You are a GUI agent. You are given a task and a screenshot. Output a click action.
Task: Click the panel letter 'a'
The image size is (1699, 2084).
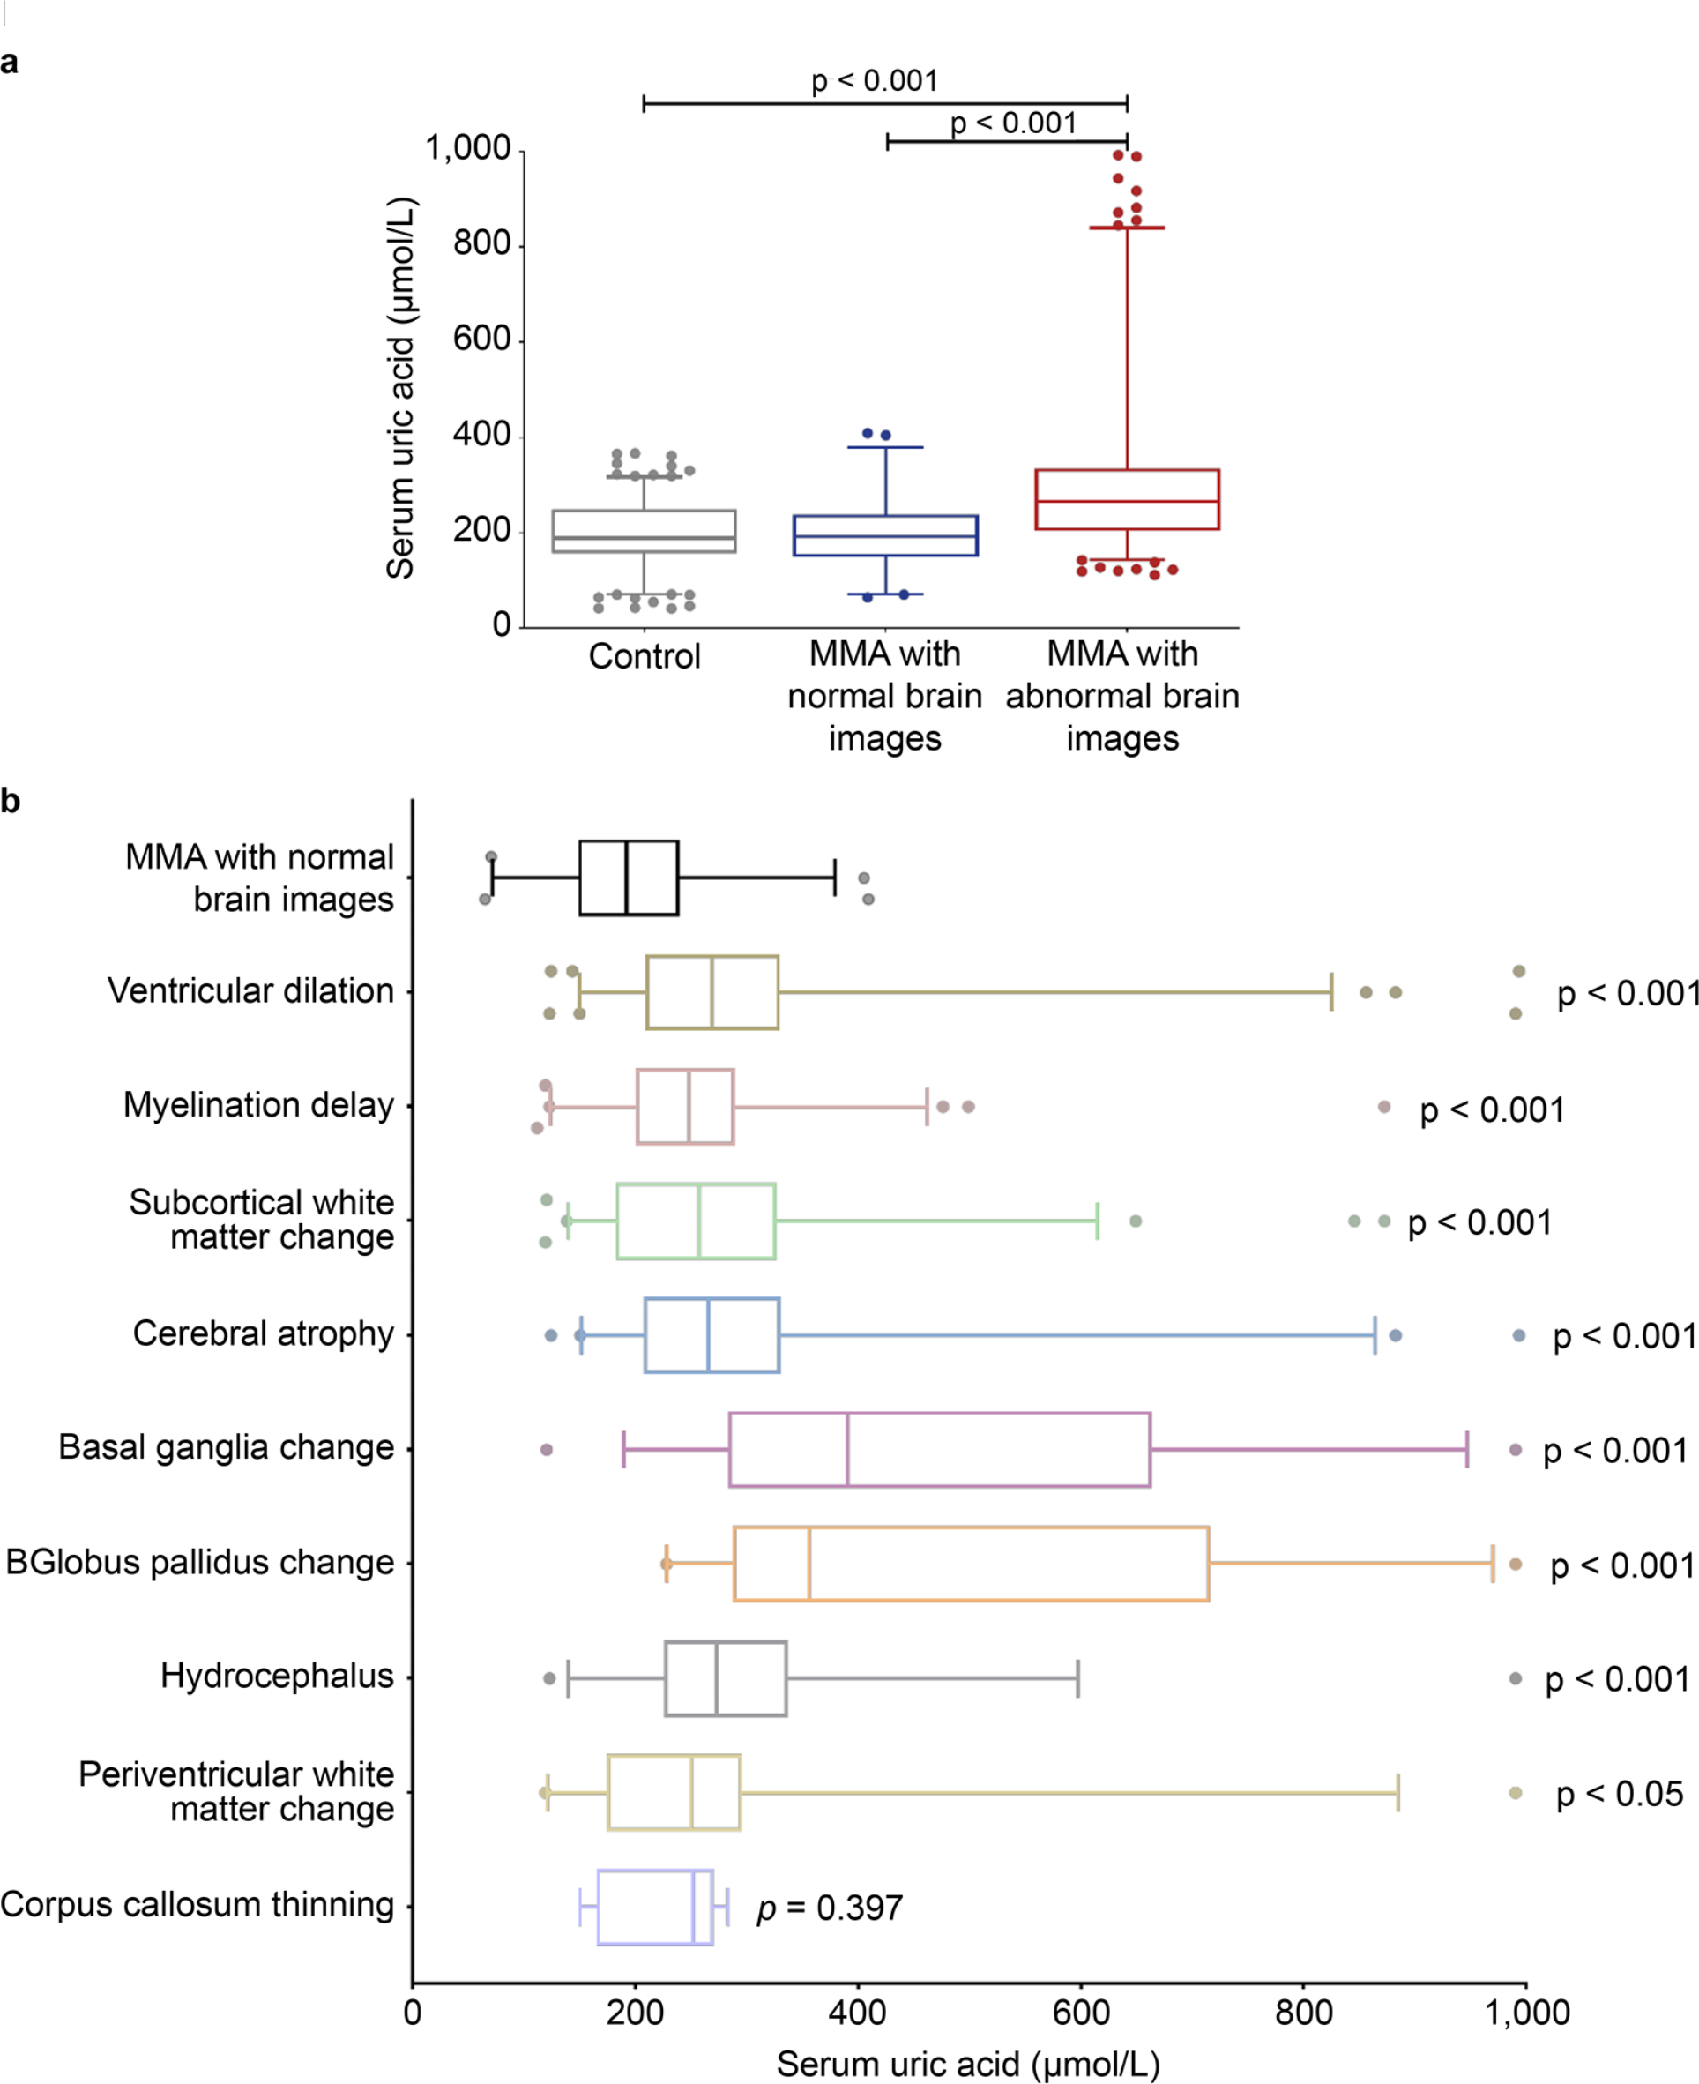[10, 63]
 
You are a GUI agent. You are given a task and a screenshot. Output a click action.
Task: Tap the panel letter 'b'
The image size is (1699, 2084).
[11, 802]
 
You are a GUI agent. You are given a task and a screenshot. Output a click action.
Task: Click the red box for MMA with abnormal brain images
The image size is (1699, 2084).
[1127, 500]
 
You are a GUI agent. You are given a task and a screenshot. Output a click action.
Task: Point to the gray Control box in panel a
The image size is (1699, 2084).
[644, 532]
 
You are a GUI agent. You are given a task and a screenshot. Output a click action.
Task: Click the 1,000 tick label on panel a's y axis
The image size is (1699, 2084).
[468, 149]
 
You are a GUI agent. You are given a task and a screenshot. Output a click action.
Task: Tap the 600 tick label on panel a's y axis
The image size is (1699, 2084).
[481, 340]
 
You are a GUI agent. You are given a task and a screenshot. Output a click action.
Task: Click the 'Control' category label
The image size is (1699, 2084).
[644, 656]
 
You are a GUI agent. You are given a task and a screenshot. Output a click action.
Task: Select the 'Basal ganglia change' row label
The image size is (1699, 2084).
[226, 1446]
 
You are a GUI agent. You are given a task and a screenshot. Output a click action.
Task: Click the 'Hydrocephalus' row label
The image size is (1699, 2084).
[277, 1676]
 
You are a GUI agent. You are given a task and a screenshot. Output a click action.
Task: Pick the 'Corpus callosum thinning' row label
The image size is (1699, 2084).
[197, 1904]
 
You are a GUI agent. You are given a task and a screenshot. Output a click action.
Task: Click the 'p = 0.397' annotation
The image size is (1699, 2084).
[830, 1908]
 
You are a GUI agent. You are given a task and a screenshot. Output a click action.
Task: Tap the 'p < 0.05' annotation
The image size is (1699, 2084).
[1620, 1793]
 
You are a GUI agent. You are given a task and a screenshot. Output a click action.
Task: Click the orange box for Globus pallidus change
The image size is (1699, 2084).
[971, 1564]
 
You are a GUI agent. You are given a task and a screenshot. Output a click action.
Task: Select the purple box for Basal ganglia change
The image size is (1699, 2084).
[940, 1450]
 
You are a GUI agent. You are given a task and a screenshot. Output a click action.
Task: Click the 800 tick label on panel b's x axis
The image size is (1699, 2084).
[1304, 2013]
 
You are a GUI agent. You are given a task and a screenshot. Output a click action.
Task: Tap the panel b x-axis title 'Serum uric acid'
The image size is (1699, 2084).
[968, 2064]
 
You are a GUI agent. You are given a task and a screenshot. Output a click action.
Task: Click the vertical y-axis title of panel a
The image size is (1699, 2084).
[401, 389]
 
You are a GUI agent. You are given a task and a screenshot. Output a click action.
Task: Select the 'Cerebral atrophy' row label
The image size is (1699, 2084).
[264, 1333]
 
